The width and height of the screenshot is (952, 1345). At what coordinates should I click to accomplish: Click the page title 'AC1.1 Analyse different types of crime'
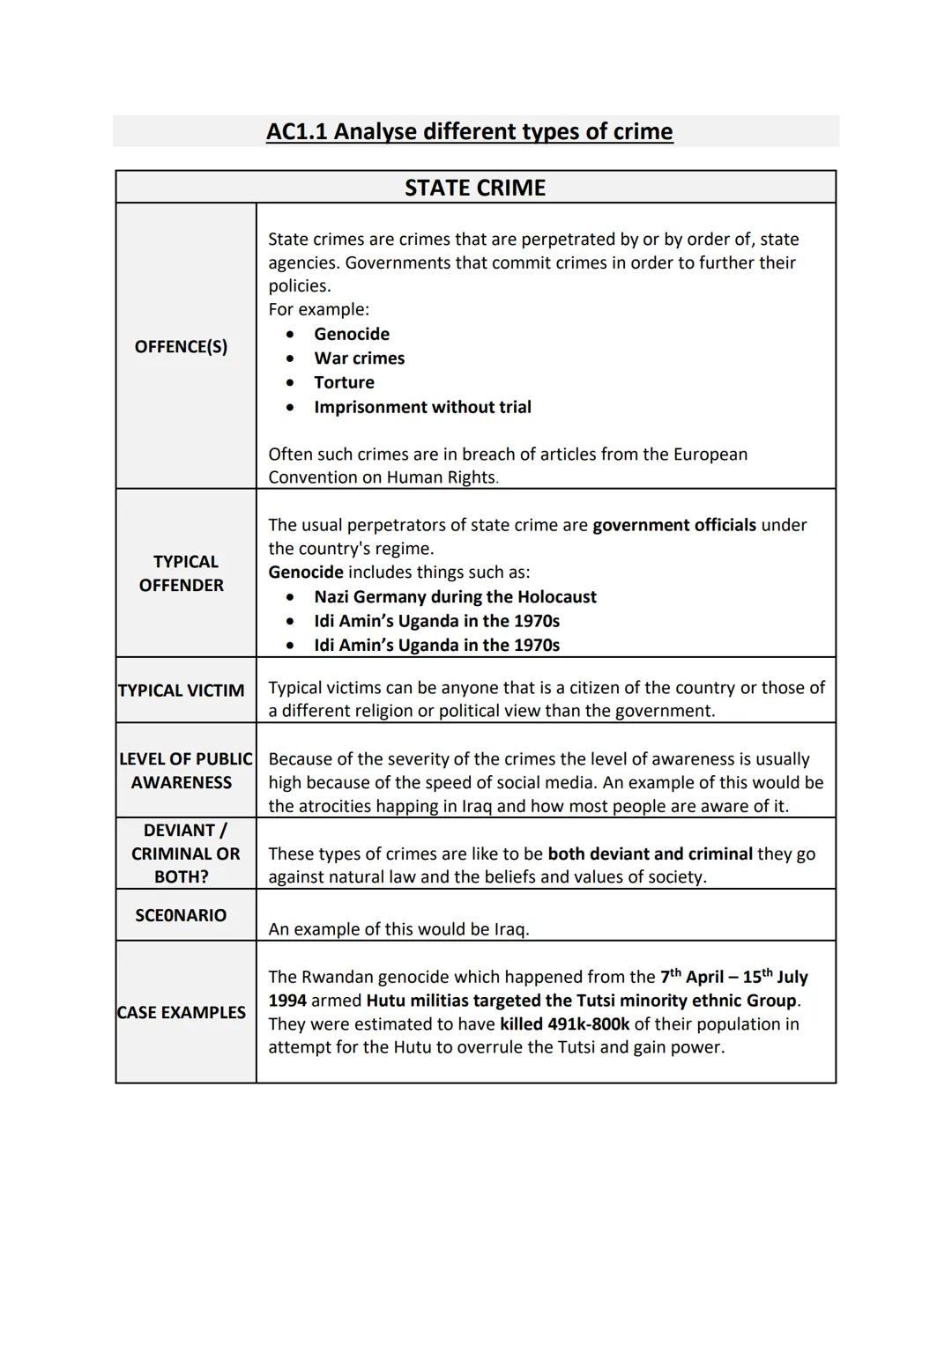tap(469, 132)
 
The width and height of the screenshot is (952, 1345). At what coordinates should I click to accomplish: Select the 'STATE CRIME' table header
tap(475, 188)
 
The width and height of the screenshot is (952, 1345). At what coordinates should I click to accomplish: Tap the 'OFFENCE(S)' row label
tap(181, 346)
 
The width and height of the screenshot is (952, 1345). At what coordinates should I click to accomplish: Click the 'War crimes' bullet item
tap(359, 358)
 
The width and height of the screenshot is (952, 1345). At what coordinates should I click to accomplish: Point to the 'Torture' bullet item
tap(344, 382)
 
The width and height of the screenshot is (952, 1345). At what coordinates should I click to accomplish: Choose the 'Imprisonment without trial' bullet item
tap(422, 407)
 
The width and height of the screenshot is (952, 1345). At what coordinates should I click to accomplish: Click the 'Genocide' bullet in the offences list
tap(351, 334)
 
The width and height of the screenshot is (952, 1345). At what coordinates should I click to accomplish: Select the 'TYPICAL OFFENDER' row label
tap(182, 573)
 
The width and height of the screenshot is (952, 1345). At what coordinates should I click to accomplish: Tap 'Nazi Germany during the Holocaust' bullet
tap(455, 597)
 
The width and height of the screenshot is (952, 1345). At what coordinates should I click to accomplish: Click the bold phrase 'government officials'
tap(673, 525)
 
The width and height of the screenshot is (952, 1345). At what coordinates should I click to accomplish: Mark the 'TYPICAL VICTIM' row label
tap(182, 691)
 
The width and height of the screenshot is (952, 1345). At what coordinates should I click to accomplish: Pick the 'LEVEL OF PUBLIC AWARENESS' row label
tap(185, 771)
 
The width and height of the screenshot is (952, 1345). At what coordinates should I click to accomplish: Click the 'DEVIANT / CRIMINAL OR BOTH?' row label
tap(185, 854)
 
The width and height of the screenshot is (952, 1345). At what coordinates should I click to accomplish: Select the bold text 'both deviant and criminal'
tap(650, 854)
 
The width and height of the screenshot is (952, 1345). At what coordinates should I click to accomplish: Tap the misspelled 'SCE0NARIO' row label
tap(181, 916)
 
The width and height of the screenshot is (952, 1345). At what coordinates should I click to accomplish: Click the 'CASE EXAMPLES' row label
tap(182, 1013)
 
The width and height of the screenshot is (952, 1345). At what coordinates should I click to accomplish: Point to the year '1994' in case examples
tap(287, 1001)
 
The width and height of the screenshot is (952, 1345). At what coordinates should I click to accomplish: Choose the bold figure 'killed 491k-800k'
tap(564, 1024)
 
